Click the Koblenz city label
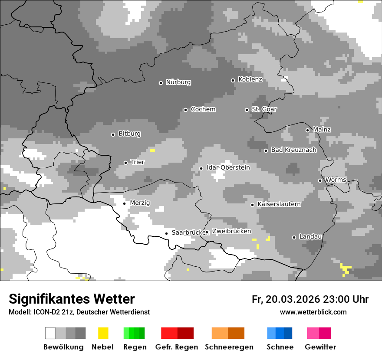tap(250, 79)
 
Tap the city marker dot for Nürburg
tap(161, 82)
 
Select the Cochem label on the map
tap(203, 109)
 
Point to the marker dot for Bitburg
tap(113, 134)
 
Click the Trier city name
tap(137, 162)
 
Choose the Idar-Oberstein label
tap(228, 167)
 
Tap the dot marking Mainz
tap(307, 130)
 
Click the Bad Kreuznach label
tap(293, 150)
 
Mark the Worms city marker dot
tap(320, 180)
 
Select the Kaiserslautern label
tap(279, 204)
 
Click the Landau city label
tap(310, 237)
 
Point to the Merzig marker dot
tap(124, 203)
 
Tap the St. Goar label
tap(264, 109)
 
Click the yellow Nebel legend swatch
tap(103, 333)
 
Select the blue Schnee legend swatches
tap(280, 333)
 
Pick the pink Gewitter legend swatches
tap(319, 333)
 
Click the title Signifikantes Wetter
tap(72, 299)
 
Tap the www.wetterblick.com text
tap(313, 312)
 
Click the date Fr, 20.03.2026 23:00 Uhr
tap(310, 299)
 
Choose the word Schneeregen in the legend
tap(229, 347)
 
